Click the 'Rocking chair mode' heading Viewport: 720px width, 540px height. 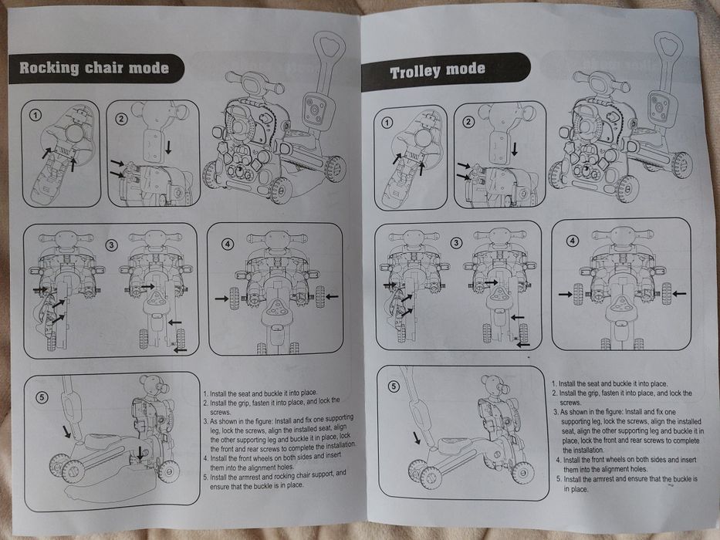(94, 68)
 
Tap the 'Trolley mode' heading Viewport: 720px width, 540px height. (438, 71)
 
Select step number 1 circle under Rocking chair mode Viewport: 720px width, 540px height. (35, 115)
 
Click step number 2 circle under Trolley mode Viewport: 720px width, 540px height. (468, 122)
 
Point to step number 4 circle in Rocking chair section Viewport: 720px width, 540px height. (228, 245)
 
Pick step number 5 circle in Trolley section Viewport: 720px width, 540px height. (394, 386)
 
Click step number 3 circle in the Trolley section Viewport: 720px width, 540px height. (455, 242)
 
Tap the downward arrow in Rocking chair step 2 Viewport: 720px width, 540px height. (168, 147)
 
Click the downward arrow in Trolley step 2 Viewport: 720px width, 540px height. (515, 149)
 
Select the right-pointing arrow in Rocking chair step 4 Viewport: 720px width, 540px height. (221, 299)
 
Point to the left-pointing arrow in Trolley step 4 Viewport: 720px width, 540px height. (679, 293)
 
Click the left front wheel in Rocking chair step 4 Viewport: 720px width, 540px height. (234, 298)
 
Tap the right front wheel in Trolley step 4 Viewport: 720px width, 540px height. (666, 293)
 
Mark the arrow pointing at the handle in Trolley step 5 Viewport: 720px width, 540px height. (417, 437)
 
